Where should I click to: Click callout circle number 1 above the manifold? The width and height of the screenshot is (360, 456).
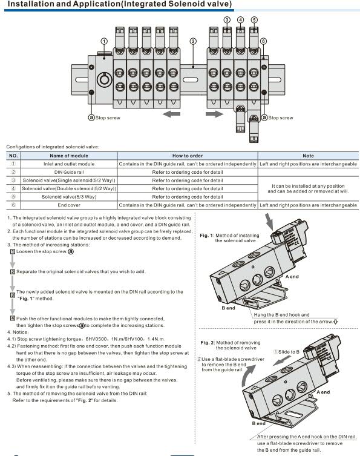[104, 41]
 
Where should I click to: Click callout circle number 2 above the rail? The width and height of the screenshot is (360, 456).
[193, 41]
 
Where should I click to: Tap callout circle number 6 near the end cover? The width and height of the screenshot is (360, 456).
[263, 41]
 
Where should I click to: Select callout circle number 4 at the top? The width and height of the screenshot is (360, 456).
[241, 20]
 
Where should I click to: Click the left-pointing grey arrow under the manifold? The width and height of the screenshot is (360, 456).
[171, 114]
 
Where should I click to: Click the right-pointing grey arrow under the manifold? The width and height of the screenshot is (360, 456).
[214, 114]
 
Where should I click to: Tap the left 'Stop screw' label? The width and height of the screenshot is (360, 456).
[108, 117]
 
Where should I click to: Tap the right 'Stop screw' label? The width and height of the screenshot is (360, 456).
[280, 117]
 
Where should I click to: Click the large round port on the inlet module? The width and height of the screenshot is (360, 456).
[104, 79]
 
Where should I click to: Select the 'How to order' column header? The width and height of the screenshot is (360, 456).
[188, 156]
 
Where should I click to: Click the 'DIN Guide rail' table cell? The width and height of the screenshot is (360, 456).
[69, 172]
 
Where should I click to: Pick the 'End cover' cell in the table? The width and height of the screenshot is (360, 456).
[69, 205]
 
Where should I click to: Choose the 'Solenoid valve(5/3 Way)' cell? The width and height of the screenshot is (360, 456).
[69, 197]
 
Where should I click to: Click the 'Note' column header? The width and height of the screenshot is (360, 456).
[308, 156]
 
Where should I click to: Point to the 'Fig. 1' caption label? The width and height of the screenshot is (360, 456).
[206, 236]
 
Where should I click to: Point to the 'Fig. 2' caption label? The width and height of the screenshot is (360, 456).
[207, 343]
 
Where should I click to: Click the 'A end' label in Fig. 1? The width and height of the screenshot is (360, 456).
[292, 277]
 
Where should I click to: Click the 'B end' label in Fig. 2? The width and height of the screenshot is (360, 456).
[258, 423]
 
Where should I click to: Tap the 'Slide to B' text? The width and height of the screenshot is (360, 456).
[289, 352]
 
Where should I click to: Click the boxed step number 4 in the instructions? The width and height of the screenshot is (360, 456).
[13, 318]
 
